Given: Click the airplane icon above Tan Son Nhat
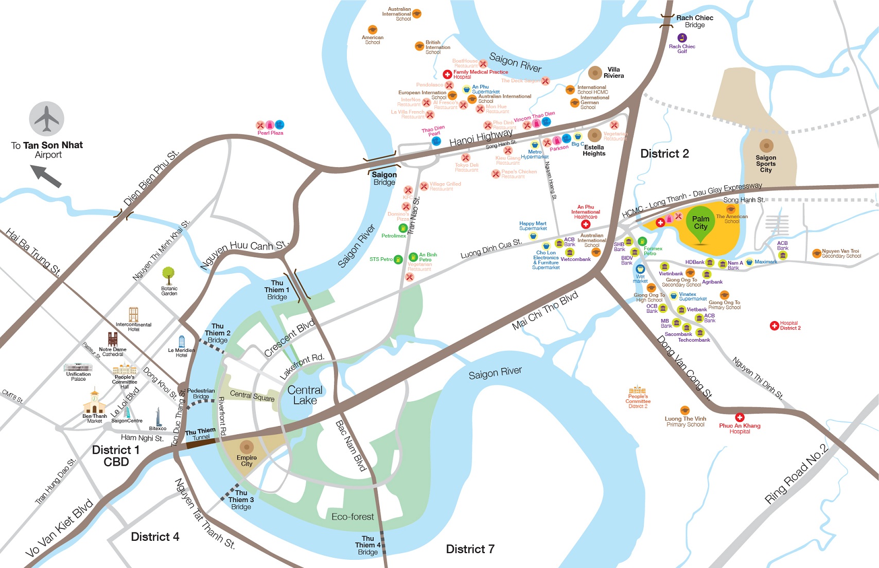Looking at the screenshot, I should coord(47,119).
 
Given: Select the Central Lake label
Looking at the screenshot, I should coord(305,395).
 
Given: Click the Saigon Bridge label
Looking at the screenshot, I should coord(384,178).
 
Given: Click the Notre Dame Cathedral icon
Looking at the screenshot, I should coord(113,339).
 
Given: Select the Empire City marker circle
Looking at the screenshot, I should coord(247,447).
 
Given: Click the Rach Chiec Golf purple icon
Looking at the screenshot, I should coord(682,38).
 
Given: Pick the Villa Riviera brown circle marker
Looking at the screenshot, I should coord(595,73).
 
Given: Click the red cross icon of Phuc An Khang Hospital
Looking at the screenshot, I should coord(740,417).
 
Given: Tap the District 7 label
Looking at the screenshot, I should coord(470,549).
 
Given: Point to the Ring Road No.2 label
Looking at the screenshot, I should coord(796,473).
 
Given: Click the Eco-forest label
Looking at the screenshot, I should coord(353,517).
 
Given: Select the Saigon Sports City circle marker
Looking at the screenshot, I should coord(766,146).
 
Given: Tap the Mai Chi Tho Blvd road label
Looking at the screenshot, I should coord(545,311).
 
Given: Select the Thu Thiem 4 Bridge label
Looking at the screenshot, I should coord(367,545).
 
